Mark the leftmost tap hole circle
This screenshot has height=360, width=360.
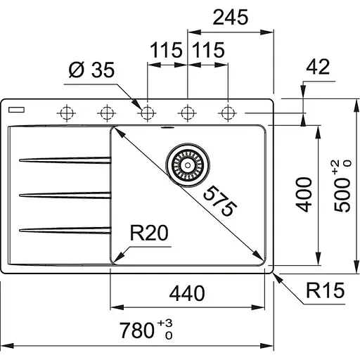point(67,112)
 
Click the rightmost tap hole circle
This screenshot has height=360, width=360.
point(227,112)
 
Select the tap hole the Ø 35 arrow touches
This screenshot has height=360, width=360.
point(147,112)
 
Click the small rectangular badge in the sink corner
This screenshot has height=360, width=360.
point(15,110)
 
